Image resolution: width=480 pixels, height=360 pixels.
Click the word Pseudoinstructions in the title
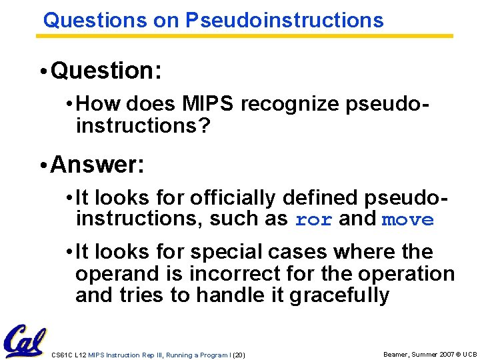[284, 21]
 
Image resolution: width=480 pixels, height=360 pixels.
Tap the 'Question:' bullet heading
[105, 71]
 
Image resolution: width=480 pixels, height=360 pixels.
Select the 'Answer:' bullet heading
[97, 163]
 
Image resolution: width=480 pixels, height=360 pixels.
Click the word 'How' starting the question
[99, 105]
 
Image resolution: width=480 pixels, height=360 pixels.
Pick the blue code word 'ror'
[313, 219]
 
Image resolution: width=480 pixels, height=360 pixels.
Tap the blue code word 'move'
[407, 219]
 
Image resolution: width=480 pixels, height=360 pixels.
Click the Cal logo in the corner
[24, 342]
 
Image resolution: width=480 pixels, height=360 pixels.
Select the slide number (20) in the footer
[239, 355]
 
